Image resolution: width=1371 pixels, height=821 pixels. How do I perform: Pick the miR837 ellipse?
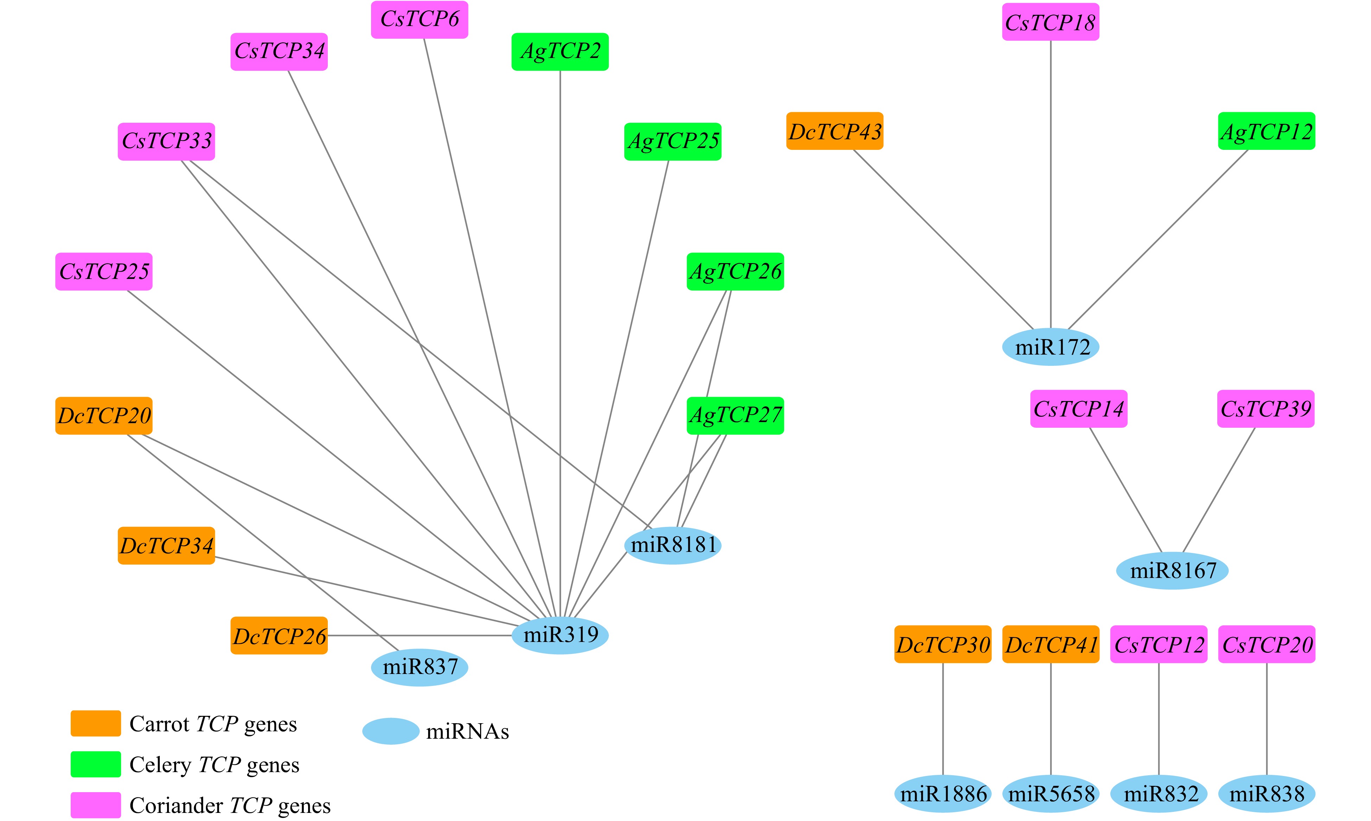[419, 667]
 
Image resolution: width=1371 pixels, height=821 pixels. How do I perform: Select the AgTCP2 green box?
[560, 51]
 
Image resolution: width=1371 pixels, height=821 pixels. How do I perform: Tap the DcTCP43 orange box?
[835, 131]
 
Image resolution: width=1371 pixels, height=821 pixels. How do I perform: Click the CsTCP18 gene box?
[1050, 22]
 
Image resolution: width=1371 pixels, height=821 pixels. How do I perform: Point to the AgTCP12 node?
[1266, 131]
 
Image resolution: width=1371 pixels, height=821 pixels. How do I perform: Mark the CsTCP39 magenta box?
[1265, 409]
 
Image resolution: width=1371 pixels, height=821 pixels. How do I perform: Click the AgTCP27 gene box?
[735, 415]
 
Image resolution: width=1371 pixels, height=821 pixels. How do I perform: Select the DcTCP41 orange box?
[1050, 644]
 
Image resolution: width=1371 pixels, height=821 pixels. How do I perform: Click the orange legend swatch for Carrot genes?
[96, 724]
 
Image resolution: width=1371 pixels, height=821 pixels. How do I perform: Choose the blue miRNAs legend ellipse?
[390, 731]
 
